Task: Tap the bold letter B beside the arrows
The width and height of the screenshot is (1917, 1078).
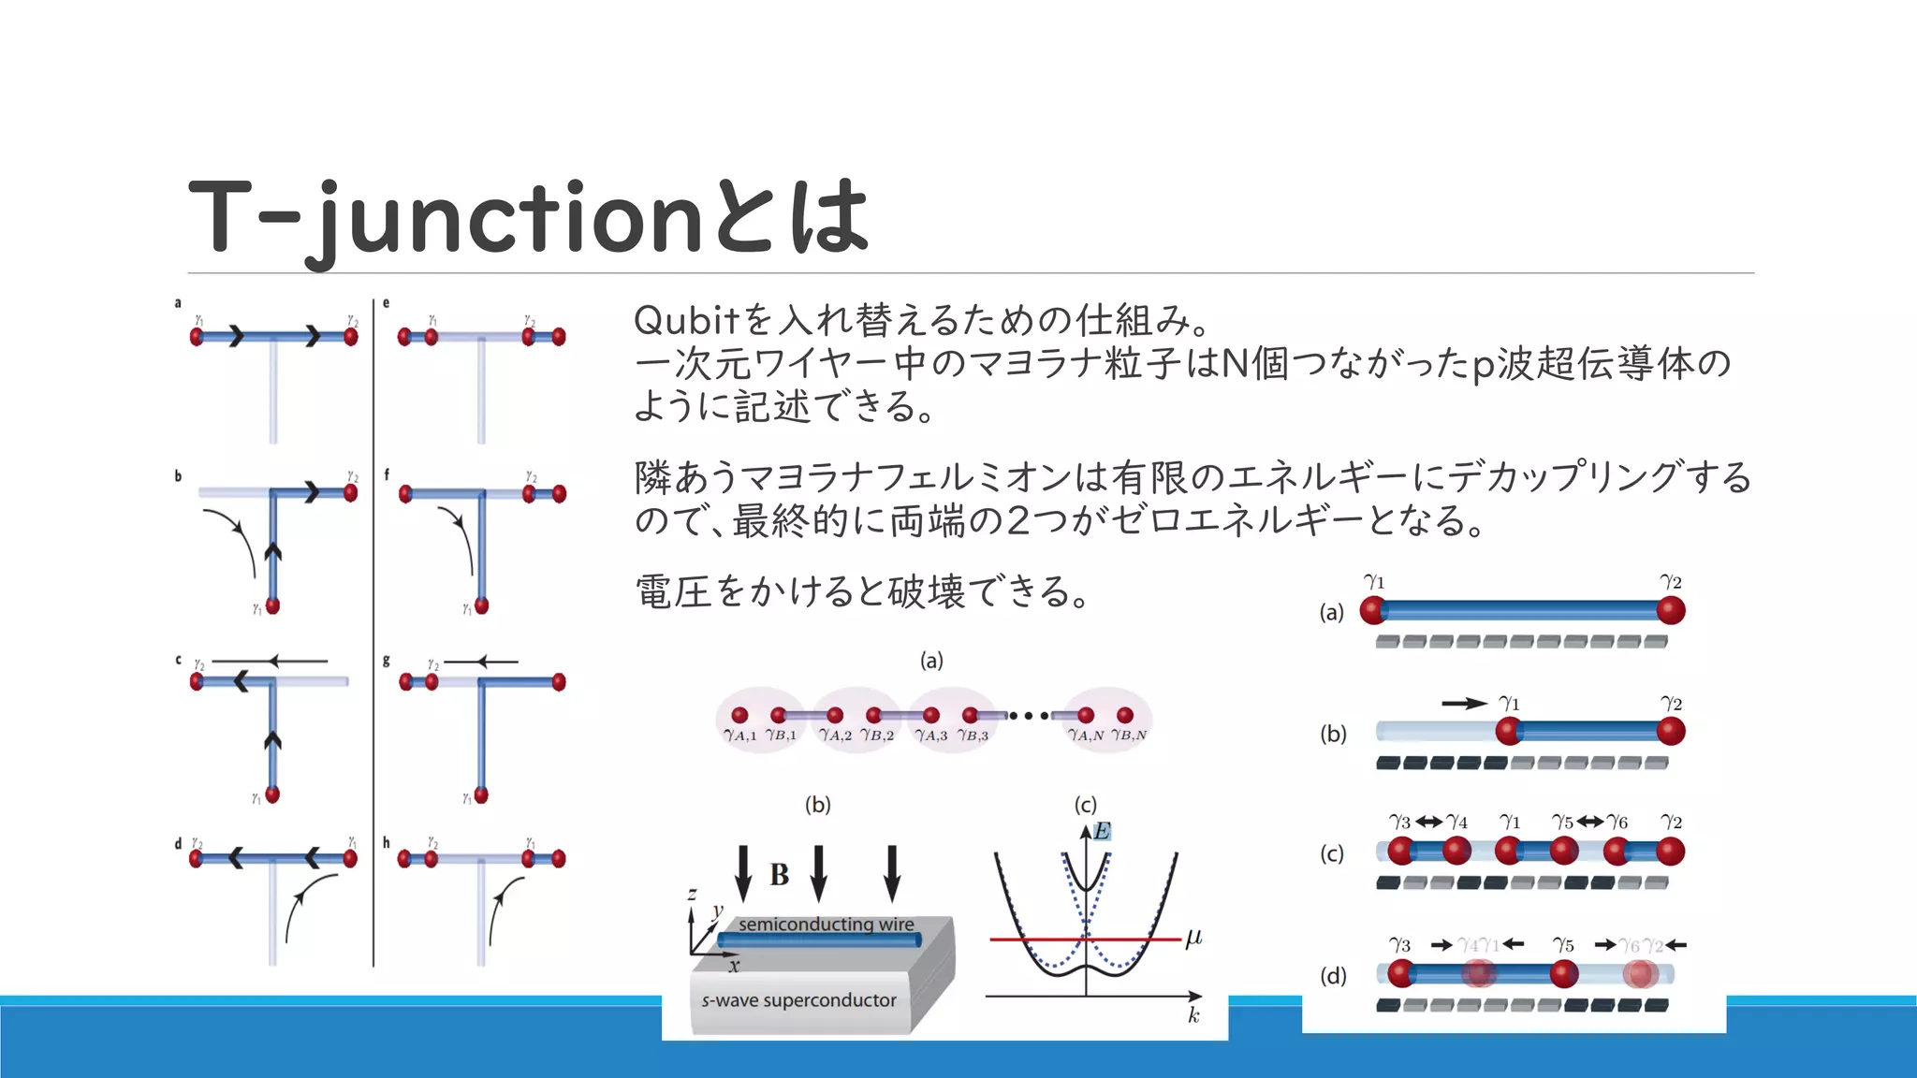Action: (x=779, y=875)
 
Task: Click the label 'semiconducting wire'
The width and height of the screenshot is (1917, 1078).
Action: (x=826, y=924)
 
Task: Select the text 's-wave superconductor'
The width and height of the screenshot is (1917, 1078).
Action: (x=798, y=999)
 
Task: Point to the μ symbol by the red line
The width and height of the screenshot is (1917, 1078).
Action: (x=1193, y=937)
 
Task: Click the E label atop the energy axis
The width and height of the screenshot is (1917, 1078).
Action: (x=1102, y=831)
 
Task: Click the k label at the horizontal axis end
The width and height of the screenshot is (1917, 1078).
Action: (x=1193, y=1015)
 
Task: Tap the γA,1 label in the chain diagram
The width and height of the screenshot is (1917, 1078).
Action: (x=739, y=736)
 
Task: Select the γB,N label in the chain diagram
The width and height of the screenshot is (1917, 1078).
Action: (x=1129, y=736)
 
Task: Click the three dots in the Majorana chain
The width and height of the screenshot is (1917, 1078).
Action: (x=1029, y=716)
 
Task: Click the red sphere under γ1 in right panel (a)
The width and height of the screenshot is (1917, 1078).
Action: (x=1373, y=611)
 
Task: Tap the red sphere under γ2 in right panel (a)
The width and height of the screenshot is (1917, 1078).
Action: (x=1671, y=611)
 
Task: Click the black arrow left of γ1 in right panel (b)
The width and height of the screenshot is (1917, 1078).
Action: (x=1463, y=703)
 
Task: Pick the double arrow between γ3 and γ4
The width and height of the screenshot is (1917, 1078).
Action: (x=1428, y=822)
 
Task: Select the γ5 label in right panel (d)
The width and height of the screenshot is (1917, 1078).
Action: (x=1563, y=945)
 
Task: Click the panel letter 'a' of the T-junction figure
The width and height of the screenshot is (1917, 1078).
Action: (x=178, y=303)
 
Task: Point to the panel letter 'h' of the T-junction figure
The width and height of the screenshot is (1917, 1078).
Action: (x=386, y=842)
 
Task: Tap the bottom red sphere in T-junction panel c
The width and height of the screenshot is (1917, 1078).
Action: (x=272, y=794)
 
